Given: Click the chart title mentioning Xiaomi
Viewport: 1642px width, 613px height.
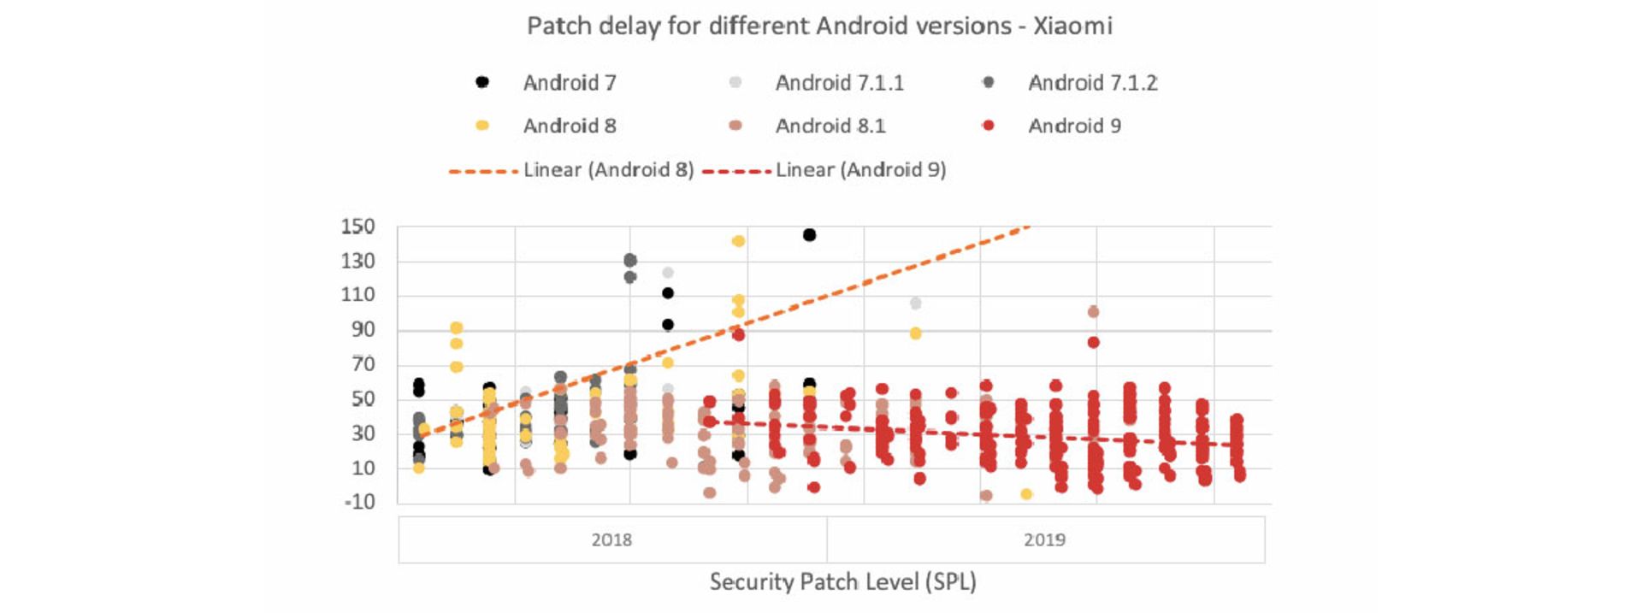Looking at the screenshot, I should pyautogui.click(x=819, y=27).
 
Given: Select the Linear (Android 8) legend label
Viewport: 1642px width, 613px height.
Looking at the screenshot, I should pyautogui.click(x=608, y=170).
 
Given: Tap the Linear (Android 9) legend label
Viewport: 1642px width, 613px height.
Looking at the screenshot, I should pyautogui.click(x=860, y=170).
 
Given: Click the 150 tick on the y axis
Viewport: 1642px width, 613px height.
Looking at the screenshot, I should pyautogui.click(x=357, y=227).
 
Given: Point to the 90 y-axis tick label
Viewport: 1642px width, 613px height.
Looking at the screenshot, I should pyautogui.click(x=363, y=329).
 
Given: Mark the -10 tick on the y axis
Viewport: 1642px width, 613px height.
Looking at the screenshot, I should pyautogui.click(x=359, y=502).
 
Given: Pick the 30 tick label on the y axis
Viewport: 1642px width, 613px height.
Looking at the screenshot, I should pyautogui.click(x=363, y=433).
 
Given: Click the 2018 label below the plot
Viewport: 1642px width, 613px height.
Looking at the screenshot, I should pyautogui.click(x=611, y=539).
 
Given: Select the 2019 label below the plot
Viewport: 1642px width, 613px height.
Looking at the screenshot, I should pyautogui.click(x=1044, y=539).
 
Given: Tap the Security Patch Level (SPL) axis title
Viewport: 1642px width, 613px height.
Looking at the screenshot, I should pyautogui.click(x=842, y=582).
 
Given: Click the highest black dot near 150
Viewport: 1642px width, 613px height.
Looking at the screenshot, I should pyautogui.click(x=809, y=235).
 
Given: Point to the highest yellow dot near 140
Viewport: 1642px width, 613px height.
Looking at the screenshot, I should pyautogui.click(x=738, y=241).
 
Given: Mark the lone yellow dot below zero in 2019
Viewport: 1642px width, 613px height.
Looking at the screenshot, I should pyautogui.click(x=1026, y=494).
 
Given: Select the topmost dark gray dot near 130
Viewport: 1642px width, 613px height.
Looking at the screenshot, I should pyautogui.click(x=630, y=260).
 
